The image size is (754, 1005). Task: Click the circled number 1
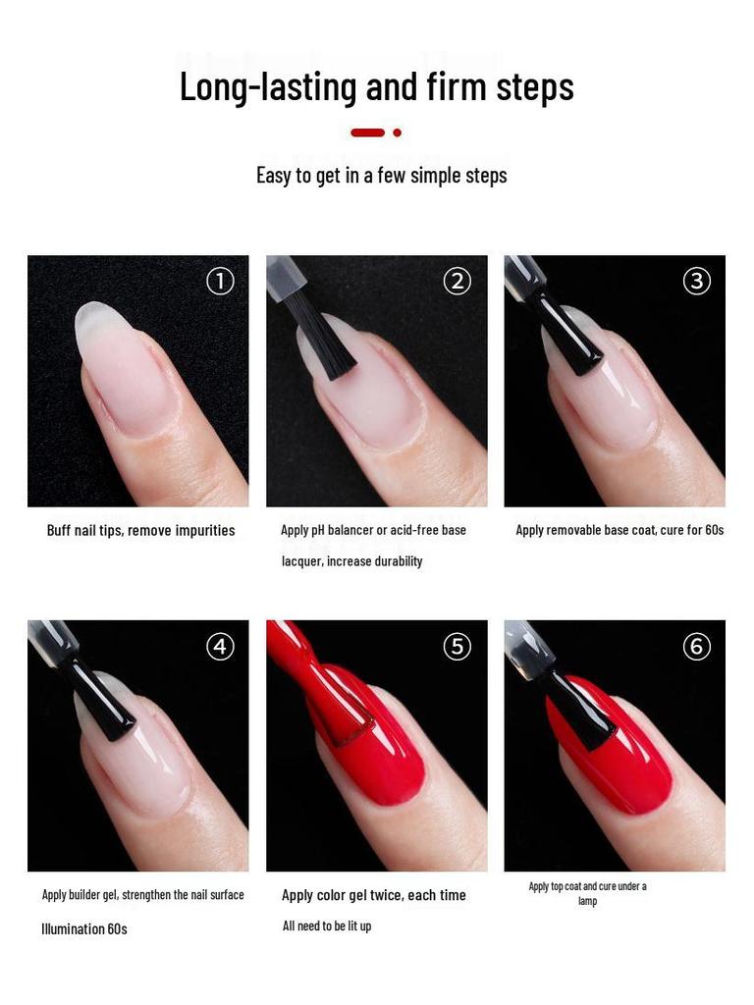pyautogui.click(x=220, y=282)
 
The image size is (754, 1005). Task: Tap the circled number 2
pyautogui.click(x=458, y=282)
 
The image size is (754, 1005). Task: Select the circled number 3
pyautogui.click(x=696, y=282)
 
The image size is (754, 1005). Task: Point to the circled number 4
pyautogui.click(x=220, y=647)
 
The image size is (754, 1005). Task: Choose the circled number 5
pyautogui.click(x=458, y=647)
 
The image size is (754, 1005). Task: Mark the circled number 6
pyautogui.click(x=696, y=647)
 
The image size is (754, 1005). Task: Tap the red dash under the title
pyautogui.click(x=367, y=132)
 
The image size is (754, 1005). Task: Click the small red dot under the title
pyautogui.click(x=397, y=132)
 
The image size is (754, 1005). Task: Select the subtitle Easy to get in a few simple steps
pyautogui.click(x=381, y=176)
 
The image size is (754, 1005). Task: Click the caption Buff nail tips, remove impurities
pyautogui.click(x=140, y=531)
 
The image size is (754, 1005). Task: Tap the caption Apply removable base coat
pyautogui.click(x=619, y=530)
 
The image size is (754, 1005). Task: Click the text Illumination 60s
pyautogui.click(x=84, y=928)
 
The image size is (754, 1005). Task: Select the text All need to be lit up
pyautogui.click(x=327, y=926)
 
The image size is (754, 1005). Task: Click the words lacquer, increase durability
pyautogui.click(x=351, y=561)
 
